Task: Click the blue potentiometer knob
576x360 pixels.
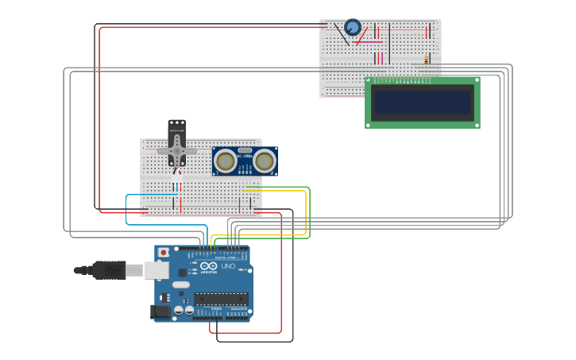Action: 353,27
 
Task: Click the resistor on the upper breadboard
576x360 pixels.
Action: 426,60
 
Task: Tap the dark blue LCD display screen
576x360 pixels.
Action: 423,102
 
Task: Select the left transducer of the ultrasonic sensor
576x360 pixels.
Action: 226,161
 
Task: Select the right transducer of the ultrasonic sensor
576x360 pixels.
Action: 264,161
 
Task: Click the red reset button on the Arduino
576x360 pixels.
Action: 164,252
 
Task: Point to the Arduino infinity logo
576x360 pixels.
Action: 208,266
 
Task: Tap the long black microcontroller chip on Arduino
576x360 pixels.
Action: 221,300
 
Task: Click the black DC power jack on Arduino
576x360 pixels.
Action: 161,312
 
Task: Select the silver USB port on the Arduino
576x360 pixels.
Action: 157,270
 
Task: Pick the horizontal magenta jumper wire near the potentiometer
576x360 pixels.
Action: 367,42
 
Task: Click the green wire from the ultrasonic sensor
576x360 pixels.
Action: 308,211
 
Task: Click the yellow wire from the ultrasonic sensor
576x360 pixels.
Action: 305,215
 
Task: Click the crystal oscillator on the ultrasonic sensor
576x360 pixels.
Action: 245,150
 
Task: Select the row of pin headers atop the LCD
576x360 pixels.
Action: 405,79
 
